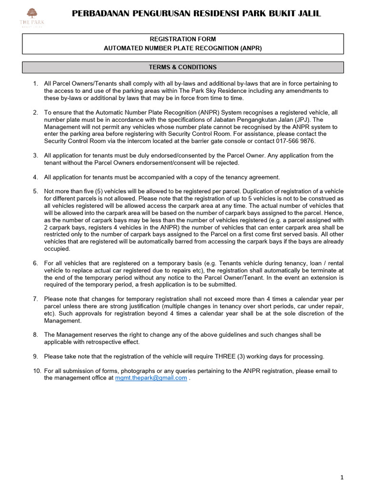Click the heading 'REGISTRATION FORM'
[x=183, y=39]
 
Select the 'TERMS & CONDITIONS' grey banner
[x=183, y=67]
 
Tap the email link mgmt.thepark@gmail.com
[x=151, y=378]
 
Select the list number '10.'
[x=36, y=371]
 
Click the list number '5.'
[x=36, y=191]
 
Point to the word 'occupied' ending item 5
[x=57, y=249]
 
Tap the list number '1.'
[x=36, y=84]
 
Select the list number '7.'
[x=36, y=299]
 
